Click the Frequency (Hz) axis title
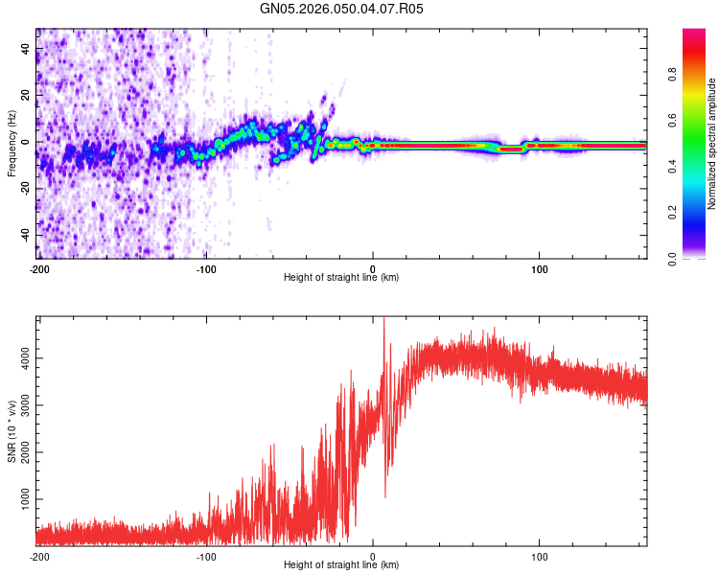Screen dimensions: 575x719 pos(12,145)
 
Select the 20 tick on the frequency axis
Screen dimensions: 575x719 pos(26,95)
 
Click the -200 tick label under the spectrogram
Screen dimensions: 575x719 pos(38,267)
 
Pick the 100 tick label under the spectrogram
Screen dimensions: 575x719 pos(539,267)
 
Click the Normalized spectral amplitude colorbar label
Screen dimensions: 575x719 pos(711,145)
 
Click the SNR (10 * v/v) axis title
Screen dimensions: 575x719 pos(12,431)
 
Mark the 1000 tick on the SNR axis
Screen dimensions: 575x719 pos(19,500)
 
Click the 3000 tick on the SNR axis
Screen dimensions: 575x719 pos(19,405)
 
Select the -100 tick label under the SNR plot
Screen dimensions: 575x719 pos(206,556)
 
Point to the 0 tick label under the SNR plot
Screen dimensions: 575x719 pos(373,556)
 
